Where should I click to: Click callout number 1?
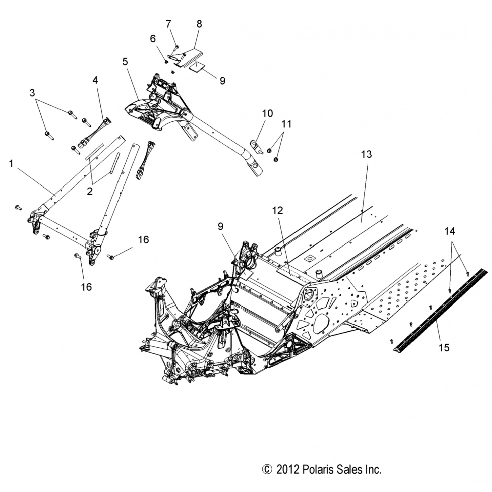click(x=11, y=164)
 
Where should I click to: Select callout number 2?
click(x=90, y=191)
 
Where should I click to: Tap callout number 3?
click(x=32, y=93)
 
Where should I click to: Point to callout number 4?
click(x=95, y=80)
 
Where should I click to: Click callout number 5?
click(x=125, y=62)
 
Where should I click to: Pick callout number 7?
click(x=168, y=24)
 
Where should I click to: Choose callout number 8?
click(x=199, y=24)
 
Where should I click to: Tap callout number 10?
click(x=267, y=113)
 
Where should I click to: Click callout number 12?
click(x=277, y=211)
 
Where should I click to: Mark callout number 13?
click(x=366, y=154)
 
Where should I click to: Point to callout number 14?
click(x=450, y=231)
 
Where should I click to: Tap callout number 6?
click(x=153, y=39)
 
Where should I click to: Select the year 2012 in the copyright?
click(x=287, y=470)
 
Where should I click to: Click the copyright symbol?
click(x=267, y=470)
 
